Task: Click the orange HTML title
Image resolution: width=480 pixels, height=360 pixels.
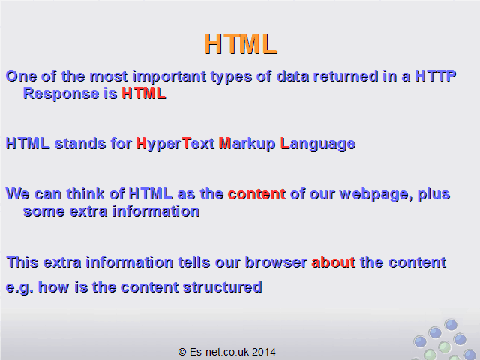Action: point(241,44)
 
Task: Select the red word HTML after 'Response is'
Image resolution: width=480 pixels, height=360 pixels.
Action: point(144,93)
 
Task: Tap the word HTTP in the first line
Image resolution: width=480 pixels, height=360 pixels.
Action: point(435,76)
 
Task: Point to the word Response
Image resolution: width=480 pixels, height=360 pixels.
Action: point(61,94)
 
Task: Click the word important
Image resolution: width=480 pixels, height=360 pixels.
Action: point(169,76)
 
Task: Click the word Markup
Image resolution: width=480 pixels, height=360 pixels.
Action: point(247,144)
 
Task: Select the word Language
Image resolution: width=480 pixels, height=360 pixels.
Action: point(318,145)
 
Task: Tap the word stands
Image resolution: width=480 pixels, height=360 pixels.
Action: point(80,143)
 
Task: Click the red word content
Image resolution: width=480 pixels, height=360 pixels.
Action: point(256,194)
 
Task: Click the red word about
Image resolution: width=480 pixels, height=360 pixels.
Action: point(333,262)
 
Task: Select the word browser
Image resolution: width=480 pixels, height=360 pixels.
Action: point(276,262)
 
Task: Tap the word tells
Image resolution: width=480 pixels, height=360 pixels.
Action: point(194,262)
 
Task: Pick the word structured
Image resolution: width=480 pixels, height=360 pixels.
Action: point(222,287)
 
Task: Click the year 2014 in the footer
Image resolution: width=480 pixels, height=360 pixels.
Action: point(263,352)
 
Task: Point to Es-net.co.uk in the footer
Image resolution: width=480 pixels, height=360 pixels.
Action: point(219,352)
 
